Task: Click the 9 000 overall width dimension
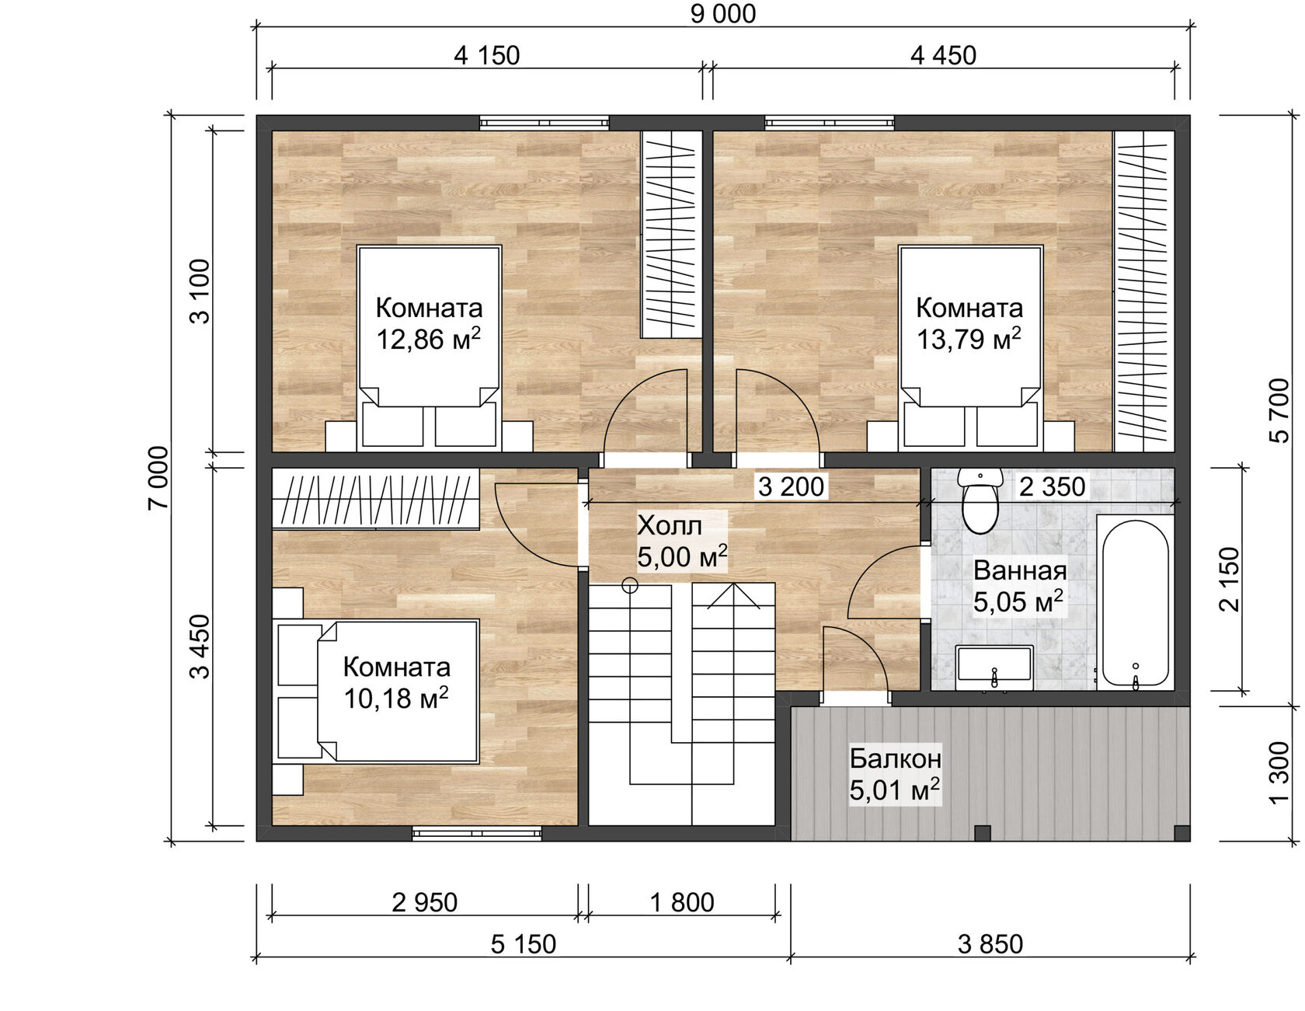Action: tap(722, 14)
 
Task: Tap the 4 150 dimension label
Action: tap(486, 56)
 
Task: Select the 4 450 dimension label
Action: tap(943, 56)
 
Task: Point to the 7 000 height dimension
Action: tap(158, 478)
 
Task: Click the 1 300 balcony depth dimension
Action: tap(1279, 773)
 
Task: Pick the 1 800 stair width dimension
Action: tap(681, 902)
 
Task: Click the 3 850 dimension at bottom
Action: tap(990, 944)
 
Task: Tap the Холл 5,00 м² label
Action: tap(681, 541)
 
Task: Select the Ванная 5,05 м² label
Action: tap(1018, 586)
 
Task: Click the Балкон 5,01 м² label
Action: tap(894, 774)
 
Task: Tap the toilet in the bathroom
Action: tap(980, 501)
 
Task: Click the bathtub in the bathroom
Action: tap(1135, 602)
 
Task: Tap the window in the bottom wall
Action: tap(475, 833)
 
